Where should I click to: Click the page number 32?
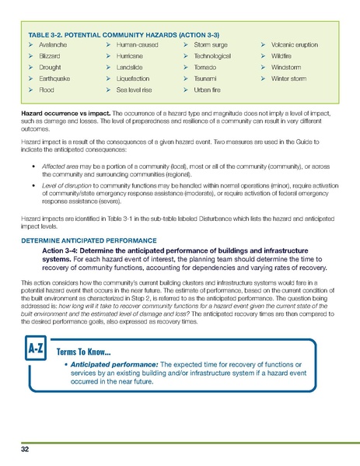coord(25,450)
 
